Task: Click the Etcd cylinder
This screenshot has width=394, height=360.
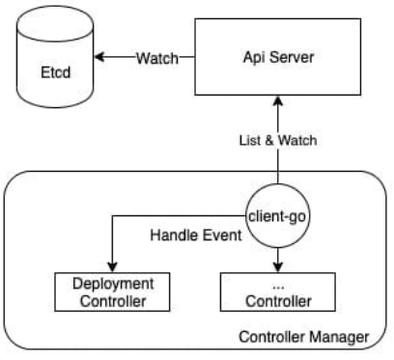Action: tap(53, 64)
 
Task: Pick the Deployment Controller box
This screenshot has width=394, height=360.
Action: tap(108, 291)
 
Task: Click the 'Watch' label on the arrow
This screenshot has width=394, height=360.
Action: tap(156, 57)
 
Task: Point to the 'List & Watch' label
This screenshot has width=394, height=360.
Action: tap(278, 140)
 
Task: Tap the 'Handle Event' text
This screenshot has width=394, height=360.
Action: tap(194, 235)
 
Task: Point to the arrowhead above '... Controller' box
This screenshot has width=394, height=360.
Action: tap(278, 267)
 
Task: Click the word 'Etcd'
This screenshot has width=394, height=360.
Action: tap(53, 70)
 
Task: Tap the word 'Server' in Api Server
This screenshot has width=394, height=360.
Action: tap(291, 57)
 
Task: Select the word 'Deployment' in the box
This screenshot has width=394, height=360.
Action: tap(108, 284)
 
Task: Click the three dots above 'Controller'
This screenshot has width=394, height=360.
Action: tap(278, 285)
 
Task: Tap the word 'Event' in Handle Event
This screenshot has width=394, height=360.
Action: tap(217, 235)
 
